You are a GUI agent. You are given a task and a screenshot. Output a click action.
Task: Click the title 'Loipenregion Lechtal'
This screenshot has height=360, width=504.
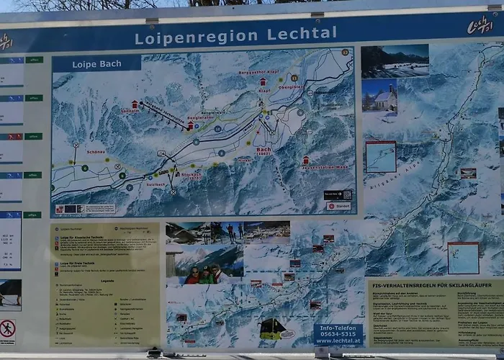[x=235, y=34]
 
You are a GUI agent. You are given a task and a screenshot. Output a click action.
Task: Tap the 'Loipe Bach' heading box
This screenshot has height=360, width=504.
[x=96, y=64]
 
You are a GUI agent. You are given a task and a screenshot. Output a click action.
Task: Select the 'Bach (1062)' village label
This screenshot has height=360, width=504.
[x=264, y=151]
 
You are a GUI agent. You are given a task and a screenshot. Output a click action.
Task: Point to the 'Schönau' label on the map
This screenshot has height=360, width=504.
[x=96, y=152]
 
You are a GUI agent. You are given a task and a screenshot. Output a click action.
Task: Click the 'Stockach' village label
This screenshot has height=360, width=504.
[x=191, y=175]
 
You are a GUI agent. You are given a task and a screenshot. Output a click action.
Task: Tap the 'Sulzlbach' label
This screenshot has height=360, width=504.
[x=156, y=184]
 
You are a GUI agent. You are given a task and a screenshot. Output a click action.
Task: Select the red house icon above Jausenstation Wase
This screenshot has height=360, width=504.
[x=306, y=159]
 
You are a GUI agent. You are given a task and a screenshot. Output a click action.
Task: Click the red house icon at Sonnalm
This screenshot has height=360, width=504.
[x=135, y=104]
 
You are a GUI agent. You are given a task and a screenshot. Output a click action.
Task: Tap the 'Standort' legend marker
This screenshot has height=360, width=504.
[x=339, y=206]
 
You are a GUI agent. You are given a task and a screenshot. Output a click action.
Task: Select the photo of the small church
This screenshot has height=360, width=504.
[x=379, y=96]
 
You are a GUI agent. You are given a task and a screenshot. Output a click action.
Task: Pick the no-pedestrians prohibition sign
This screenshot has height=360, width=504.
[x=8, y=329]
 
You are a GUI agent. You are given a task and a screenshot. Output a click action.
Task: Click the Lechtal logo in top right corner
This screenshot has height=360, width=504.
[x=480, y=24]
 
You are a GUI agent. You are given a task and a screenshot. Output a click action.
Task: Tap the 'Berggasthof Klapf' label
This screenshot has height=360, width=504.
[x=258, y=73]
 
